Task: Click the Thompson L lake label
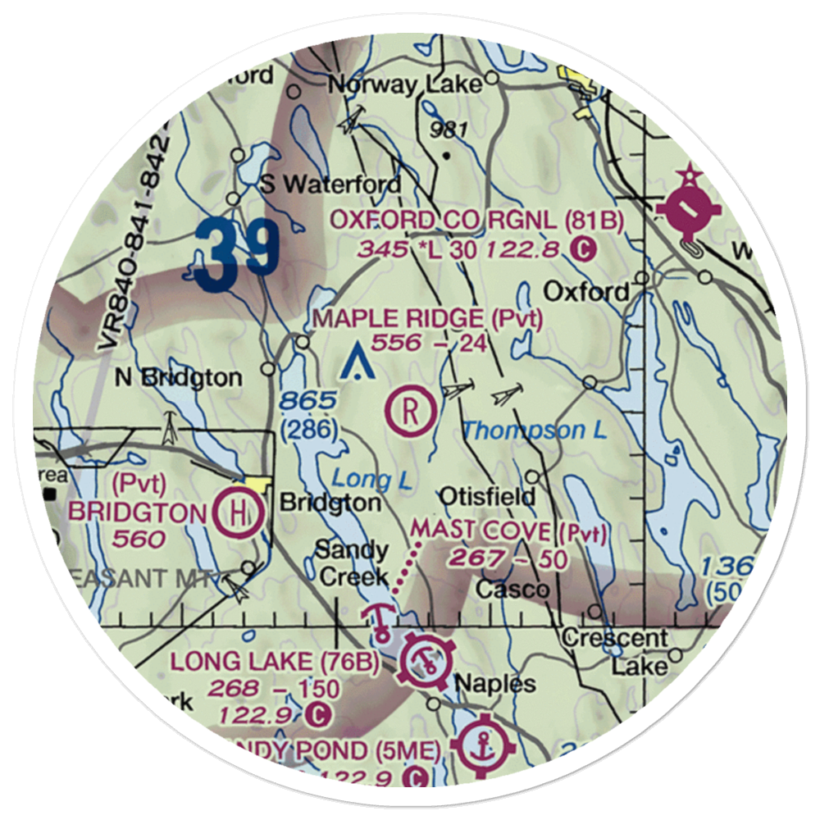tap(535, 430)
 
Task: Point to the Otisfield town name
tap(487, 496)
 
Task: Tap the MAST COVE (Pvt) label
tap(508, 532)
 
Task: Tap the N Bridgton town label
tap(178, 378)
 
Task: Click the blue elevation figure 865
tap(307, 402)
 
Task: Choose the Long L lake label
tap(371, 480)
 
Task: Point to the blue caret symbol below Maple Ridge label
tap(358, 362)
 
